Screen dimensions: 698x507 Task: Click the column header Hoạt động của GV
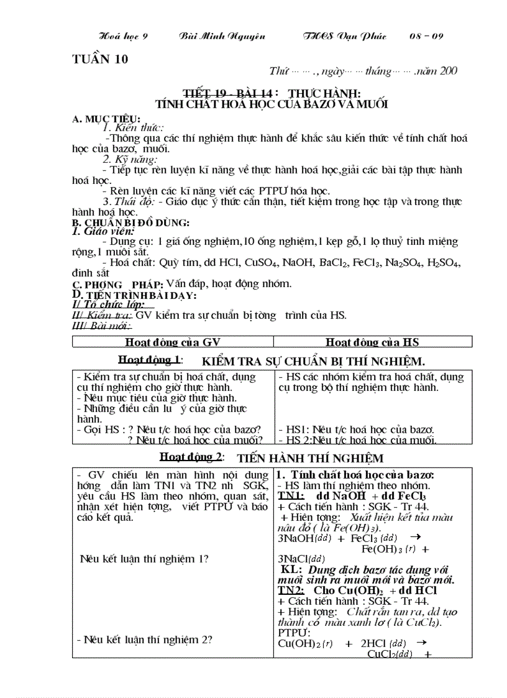click(173, 342)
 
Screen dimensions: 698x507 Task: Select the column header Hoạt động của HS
click(373, 342)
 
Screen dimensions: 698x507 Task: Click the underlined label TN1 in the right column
click(291, 496)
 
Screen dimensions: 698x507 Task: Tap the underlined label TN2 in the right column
click(291, 590)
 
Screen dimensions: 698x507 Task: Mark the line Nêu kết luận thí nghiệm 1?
click(144, 558)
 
